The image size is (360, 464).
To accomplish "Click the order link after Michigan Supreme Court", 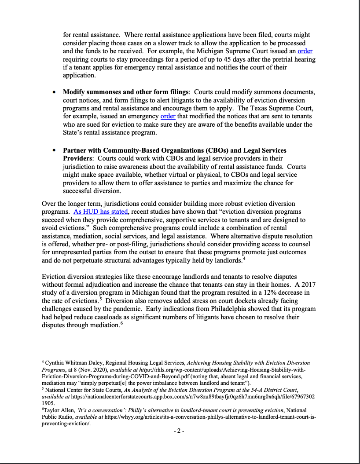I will [x=305, y=51].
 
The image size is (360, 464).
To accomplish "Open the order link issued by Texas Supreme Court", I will [x=168, y=117].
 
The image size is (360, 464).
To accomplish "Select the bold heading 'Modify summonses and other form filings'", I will [x=125, y=92].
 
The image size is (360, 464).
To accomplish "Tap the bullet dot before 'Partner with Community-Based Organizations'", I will [x=54, y=150].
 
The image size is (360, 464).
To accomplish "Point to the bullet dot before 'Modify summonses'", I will [x=54, y=92].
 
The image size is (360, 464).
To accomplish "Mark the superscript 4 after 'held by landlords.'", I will [x=243, y=259].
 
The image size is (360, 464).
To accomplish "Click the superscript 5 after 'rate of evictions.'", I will [x=101, y=300].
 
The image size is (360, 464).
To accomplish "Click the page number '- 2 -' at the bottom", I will [x=180, y=431].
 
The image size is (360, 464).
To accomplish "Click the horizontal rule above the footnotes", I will [x=84, y=356].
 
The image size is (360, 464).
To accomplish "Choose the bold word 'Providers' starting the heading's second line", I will [x=78, y=158].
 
